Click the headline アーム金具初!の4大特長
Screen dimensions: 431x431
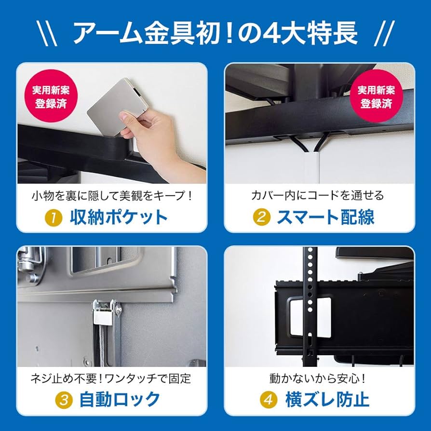(215, 33)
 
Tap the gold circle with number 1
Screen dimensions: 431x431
(54, 217)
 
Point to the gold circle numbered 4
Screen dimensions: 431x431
(268, 400)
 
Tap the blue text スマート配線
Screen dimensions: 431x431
(325, 217)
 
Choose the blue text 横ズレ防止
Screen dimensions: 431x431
(327, 400)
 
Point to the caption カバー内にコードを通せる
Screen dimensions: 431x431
(318, 195)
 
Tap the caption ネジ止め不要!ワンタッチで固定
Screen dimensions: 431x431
(112, 377)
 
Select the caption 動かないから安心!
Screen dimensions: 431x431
(318, 377)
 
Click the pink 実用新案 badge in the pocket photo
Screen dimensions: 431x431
(50, 97)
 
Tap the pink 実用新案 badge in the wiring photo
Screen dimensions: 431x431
(376, 97)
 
